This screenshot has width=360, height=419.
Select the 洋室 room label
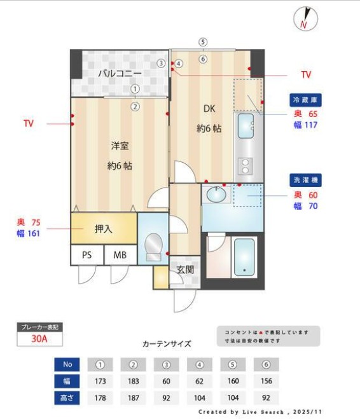coord(120,146)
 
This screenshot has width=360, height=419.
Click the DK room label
coord(210,108)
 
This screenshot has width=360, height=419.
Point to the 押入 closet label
coord(104,229)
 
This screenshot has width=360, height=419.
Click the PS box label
coord(87,255)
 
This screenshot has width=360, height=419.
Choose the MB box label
coord(120,255)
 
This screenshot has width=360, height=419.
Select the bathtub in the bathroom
coord(244,258)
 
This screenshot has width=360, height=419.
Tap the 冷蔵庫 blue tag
coord(305,100)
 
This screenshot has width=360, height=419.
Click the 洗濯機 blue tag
coord(305,180)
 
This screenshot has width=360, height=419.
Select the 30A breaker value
coord(39,339)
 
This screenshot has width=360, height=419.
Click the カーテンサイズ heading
coord(167,343)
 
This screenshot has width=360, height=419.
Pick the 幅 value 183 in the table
coord(134,381)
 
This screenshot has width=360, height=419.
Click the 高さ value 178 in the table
coord(100,398)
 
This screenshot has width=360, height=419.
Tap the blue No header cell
coord(67,365)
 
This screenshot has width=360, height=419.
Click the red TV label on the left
coord(29,123)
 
